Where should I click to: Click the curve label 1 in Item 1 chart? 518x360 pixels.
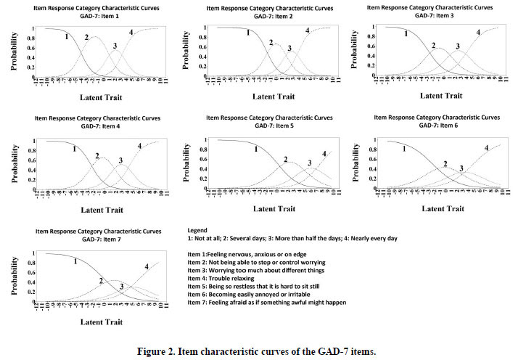pos(67,36)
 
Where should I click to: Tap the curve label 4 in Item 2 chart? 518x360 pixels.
pos(307,30)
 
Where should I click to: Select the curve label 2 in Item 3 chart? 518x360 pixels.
pos(433,46)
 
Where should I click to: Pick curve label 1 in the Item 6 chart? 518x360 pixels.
pos(403,149)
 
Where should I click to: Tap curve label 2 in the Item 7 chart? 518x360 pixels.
pos(100,281)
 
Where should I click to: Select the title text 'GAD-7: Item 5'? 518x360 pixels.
pos(272,125)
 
